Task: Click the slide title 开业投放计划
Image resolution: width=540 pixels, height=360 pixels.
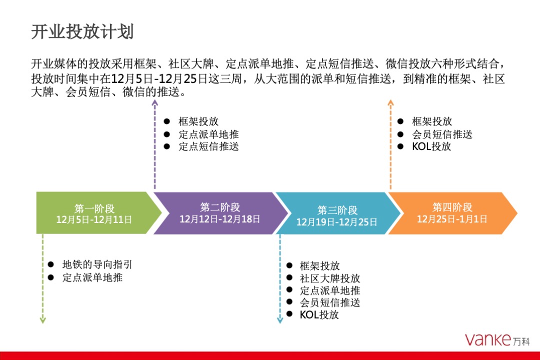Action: (82, 32)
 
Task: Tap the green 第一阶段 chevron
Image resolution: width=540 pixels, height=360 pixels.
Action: (95, 212)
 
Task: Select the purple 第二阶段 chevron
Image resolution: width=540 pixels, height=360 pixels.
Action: (220, 212)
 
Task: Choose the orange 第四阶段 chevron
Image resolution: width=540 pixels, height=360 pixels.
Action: (452, 212)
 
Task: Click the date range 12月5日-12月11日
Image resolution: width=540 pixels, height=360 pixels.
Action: (94, 219)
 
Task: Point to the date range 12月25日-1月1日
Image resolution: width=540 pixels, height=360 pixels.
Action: (452, 219)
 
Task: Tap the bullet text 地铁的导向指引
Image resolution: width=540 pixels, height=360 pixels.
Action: (97, 265)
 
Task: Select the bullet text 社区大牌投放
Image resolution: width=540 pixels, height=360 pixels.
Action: (330, 278)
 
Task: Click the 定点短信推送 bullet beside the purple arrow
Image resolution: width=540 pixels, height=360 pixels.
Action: (208, 146)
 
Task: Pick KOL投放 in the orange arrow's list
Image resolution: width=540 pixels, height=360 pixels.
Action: (431, 146)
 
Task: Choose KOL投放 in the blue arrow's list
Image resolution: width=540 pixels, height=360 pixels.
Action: (319, 314)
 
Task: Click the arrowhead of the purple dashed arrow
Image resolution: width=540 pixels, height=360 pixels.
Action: (154, 103)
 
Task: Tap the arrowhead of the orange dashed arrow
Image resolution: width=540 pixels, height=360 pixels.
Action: (390, 103)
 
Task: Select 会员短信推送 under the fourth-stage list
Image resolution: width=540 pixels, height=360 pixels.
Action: (442, 134)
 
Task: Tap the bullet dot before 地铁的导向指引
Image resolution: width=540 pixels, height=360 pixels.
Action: (50, 265)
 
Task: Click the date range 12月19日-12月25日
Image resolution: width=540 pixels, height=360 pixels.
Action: (337, 222)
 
